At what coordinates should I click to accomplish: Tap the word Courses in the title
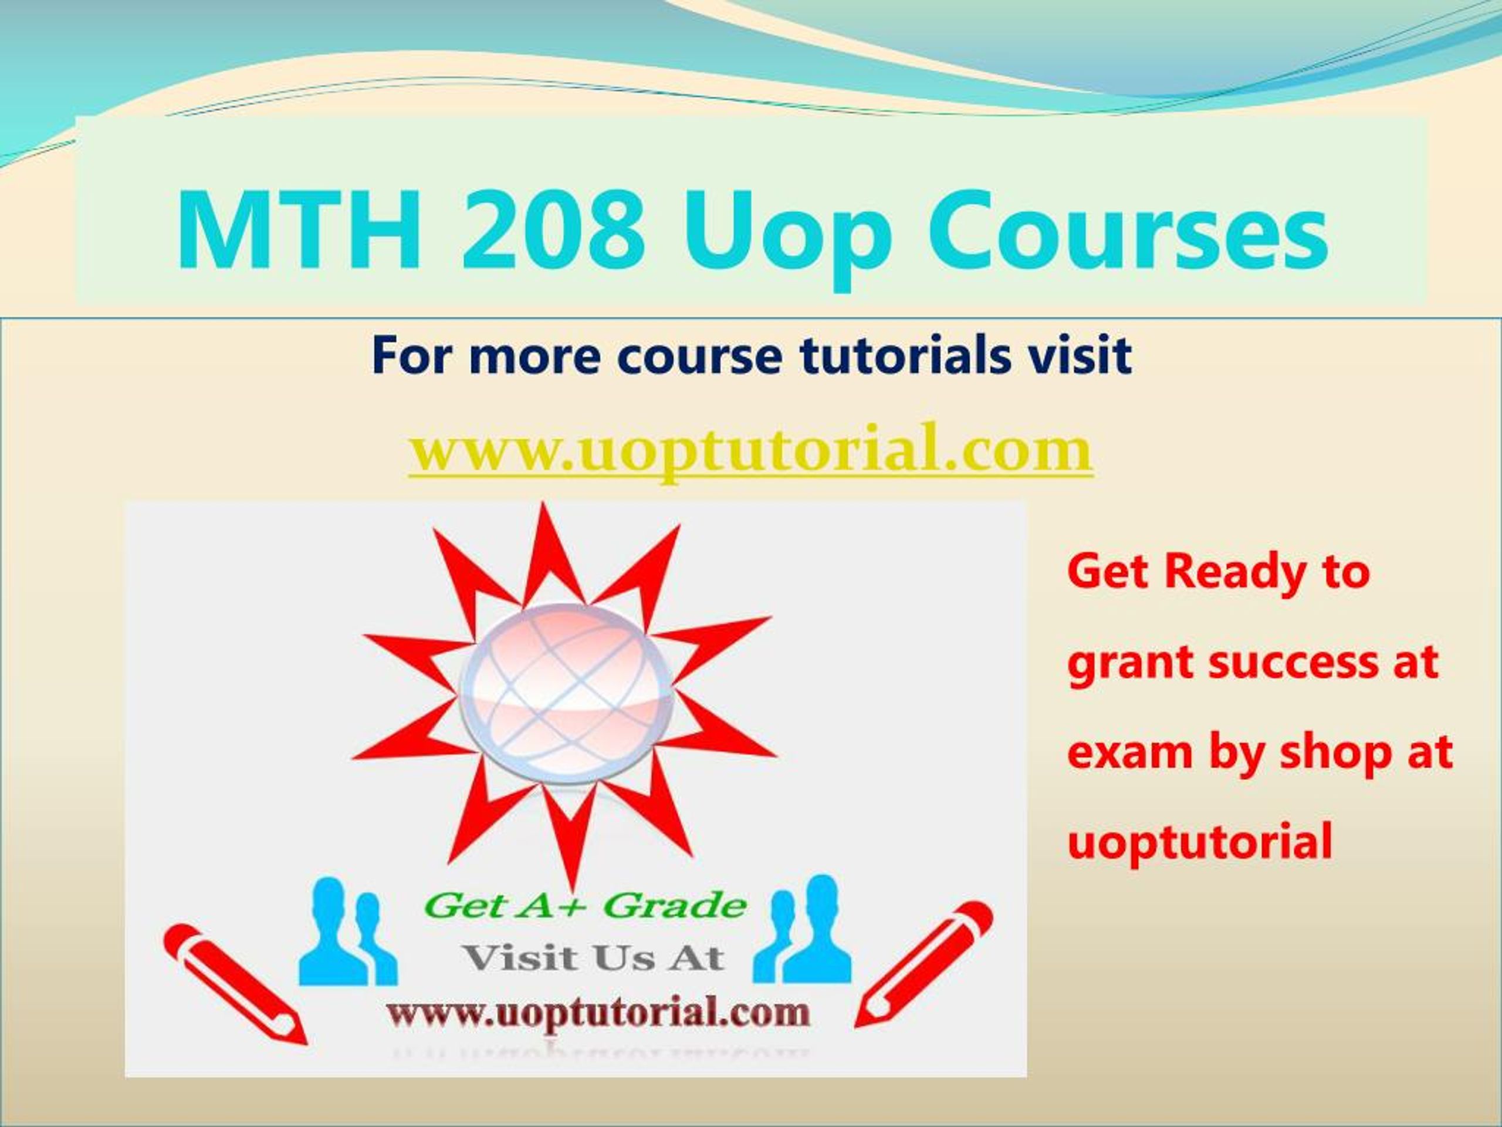(x=1128, y=231)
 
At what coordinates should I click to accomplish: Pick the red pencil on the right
(x=923, y=974)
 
